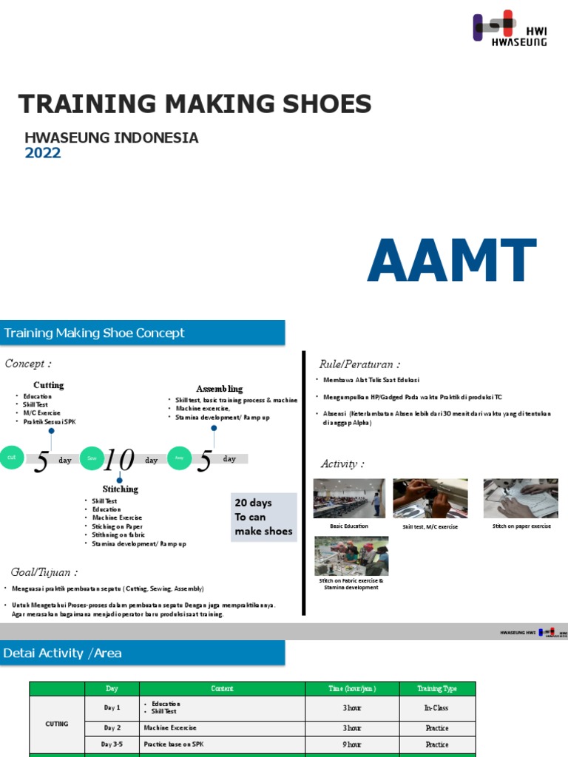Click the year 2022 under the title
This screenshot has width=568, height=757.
(43, 153)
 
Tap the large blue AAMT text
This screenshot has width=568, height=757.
(451, 261)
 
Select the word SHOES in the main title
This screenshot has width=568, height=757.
(323, 104)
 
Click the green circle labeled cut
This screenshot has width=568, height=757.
(11, 458)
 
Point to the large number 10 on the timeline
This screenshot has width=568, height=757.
(119, 460)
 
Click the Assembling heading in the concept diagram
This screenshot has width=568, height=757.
(219, 389)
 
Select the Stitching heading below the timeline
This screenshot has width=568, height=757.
(120, 489)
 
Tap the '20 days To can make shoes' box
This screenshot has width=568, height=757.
(263, 517)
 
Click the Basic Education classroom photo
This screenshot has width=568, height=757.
(349, 498)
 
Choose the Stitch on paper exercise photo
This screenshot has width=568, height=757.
(521, 498)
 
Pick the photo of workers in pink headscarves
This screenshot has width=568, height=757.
(351, 555)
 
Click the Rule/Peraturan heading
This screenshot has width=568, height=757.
(359, 364)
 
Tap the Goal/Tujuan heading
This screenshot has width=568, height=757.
(44, 572)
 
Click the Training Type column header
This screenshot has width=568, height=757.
(437, 688)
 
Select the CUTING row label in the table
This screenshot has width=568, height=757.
(57, 723)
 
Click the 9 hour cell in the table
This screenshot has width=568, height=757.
(353, 744)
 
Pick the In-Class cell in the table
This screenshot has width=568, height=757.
(437, 708)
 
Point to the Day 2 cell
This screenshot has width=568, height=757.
(112, 728)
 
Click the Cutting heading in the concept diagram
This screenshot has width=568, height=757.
(49, 385)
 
